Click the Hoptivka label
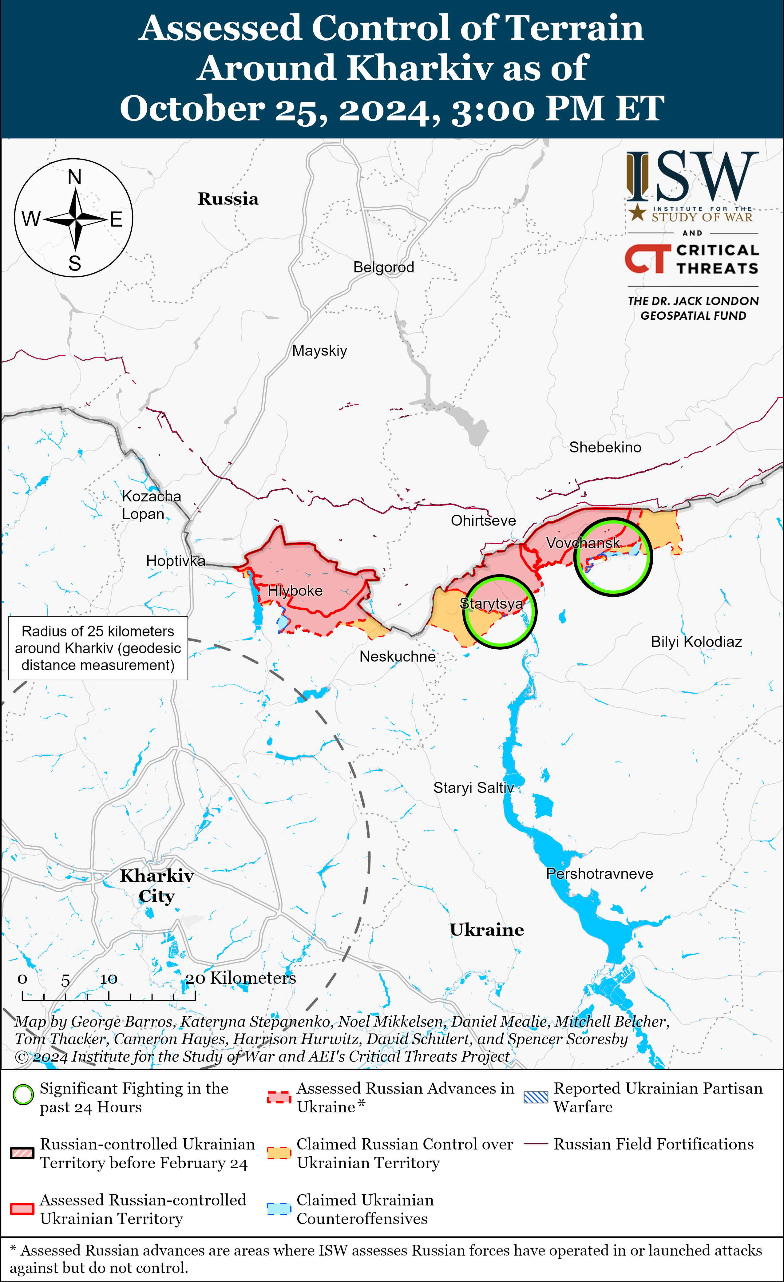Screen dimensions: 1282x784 (x=175, y=561)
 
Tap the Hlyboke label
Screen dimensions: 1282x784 (x=295, y=591)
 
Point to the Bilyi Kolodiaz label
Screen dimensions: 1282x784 (x=696, y=642)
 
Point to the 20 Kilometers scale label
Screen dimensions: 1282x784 (x=240, y=978)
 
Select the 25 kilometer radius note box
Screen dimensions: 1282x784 (x=98, y=648)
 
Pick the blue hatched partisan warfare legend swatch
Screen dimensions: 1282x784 (x=536, y=1097)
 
